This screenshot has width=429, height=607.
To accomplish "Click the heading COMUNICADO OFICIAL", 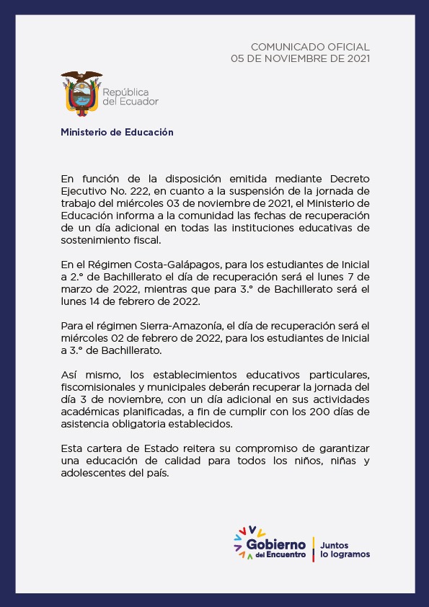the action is pyautogui.click(x=310, y=46).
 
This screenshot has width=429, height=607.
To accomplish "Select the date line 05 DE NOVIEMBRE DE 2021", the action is pyautogui.click(x=300, y=58).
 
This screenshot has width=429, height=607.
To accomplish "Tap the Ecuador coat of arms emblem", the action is pyautogui.click(x=81, y=92).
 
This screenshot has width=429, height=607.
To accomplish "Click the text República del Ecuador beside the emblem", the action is pyautogui.click(x=130, y=97).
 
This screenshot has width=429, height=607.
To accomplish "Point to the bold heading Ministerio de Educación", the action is pyautogui.click(x=117, y=133).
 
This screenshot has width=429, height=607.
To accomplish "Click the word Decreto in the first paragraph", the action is pyautogui.click(x=350, y=178).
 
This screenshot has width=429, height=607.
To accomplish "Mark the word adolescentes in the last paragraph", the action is pyautogui.click(x=94, y=474).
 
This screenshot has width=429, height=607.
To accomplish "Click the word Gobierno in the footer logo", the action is pyautogui.click(x=275, y=546).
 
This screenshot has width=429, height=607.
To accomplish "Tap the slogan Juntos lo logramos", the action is pyautogui.click(x=345, y=550).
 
